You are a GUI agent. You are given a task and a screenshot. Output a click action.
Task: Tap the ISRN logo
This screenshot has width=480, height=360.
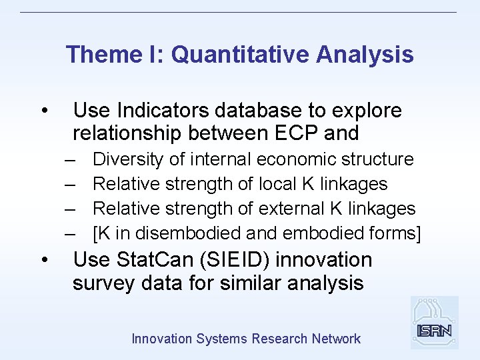(434, 323)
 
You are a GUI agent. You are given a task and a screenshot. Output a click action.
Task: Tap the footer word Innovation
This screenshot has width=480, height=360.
(162, 339)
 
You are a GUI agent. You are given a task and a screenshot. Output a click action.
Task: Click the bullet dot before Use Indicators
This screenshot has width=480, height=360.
(43, 111)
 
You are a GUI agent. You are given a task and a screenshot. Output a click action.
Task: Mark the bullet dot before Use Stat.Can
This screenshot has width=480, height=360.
(43, 260)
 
